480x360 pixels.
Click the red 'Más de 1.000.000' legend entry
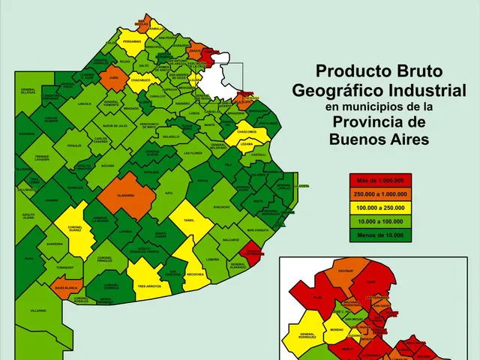(379, 181)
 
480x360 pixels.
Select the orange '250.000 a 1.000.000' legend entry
(379, 194)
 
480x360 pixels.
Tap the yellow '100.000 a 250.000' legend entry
(379, 208)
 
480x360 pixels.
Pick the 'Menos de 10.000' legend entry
(379, 235)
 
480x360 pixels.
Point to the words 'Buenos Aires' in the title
(379, 139)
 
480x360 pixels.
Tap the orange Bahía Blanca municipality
(66, 287)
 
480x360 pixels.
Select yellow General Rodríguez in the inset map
(307, 335)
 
